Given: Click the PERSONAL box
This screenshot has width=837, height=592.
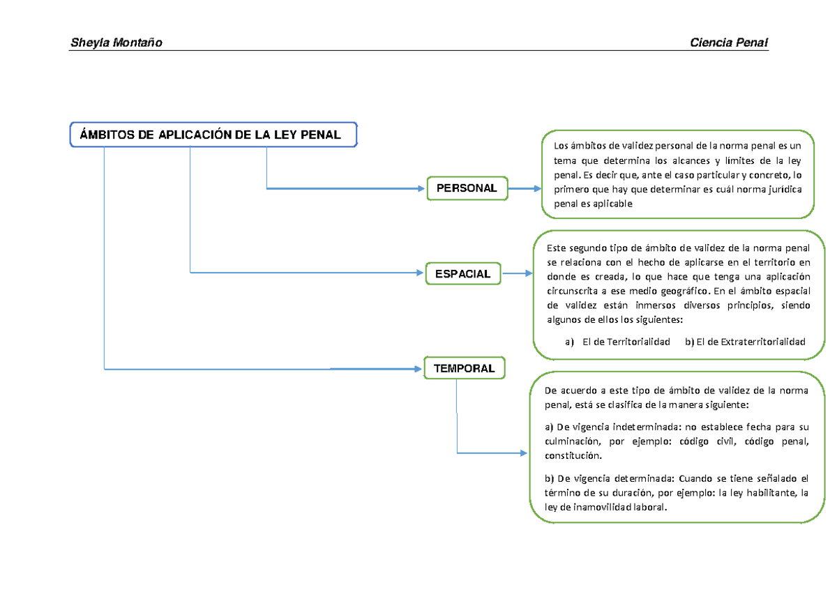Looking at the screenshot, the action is pos(467,188).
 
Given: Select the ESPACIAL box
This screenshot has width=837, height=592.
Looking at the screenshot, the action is pos(463,274).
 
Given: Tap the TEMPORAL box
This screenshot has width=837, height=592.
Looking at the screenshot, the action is pos(465,368).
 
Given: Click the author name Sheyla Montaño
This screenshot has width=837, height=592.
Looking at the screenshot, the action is pos(116,43).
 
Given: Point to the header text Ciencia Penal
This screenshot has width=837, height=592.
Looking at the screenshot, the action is pos(729,43).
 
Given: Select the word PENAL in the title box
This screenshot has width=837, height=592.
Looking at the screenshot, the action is pos(321,135).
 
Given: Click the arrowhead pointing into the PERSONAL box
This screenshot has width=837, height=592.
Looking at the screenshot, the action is pos(421,189).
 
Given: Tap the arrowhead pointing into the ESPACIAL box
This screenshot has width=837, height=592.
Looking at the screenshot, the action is pos(420,273).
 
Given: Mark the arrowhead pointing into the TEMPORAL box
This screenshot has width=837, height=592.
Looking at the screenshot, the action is pos(418,369).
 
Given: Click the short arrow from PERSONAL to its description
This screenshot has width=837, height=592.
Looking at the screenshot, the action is pos(525,189).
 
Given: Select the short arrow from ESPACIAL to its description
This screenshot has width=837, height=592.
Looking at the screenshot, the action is pos(518,273).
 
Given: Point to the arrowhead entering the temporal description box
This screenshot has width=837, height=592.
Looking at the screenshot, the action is pos(524,453).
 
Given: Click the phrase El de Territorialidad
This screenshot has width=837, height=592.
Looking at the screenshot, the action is pos(626,342).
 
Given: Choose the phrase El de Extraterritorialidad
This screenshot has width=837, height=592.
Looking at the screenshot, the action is pos(751,342).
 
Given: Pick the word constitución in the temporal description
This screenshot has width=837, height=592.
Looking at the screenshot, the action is pos(573,455).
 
